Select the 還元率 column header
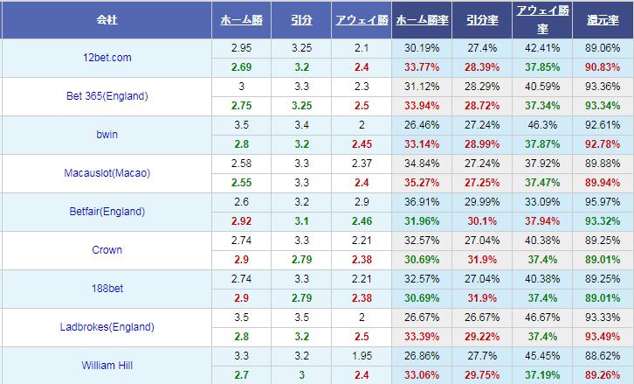click(x=603, y=19)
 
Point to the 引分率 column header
click(x=483, y=19)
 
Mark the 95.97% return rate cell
click(x=603, y=202)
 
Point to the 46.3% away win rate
click(x=543, y=125)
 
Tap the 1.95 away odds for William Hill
click(x=362, y=356)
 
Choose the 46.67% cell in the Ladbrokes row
click(x=543, y=318)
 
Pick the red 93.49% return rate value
click(x=603, y=337)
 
